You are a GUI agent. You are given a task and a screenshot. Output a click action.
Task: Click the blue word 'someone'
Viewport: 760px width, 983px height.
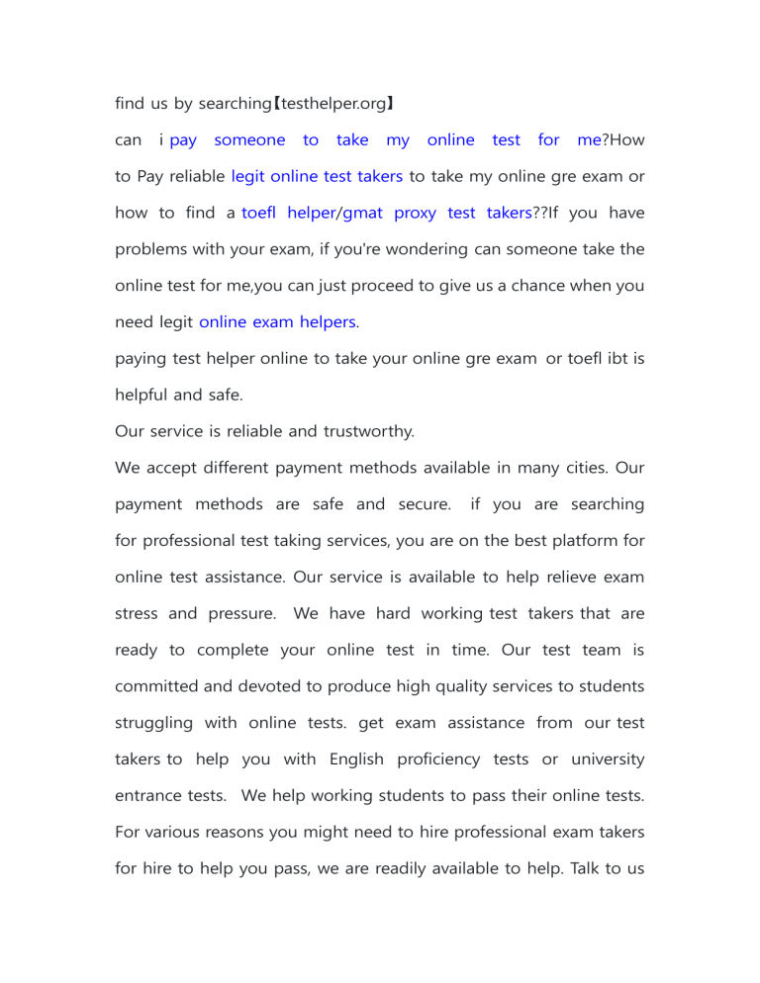(x=249, y=140)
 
